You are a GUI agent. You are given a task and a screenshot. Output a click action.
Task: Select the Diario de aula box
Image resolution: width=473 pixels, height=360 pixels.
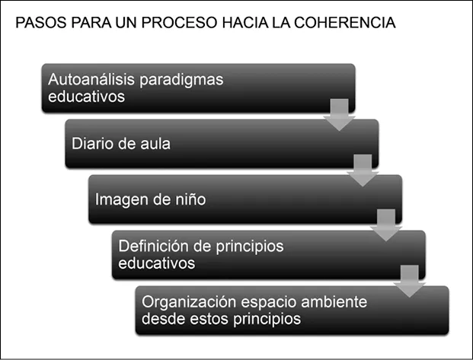[x=221, y=142]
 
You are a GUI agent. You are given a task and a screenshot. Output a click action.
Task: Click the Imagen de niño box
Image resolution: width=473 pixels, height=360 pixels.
[x=244, y=199]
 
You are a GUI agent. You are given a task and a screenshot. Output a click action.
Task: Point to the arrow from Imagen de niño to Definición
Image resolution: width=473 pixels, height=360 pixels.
[x=385, y=225]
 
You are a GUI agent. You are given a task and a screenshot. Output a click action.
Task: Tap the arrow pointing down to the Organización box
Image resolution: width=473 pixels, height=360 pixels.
[x=410, y=280]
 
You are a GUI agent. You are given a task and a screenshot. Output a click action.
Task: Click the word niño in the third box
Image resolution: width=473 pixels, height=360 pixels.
[x=190, y=199]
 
